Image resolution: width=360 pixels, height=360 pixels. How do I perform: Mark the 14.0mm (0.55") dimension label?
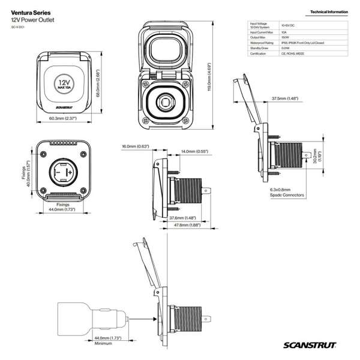[x=193, y=151]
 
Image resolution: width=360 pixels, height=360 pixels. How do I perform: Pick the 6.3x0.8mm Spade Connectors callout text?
[x=287, y=192]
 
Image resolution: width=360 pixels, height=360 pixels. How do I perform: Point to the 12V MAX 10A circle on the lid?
[x=64, y=82]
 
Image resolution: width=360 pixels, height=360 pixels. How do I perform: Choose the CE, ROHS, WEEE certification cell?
[x=292, y=53]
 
